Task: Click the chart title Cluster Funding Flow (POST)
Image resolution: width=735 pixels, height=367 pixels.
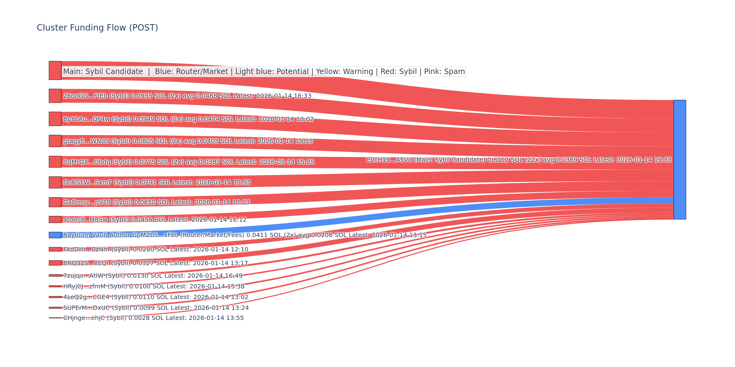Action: [x=97, y=28]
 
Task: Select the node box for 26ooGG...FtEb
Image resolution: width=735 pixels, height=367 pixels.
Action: [x=55, y=96]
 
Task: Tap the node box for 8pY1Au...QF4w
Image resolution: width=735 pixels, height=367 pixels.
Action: [x=55, y=119]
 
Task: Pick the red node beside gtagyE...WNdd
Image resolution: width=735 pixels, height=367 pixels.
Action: [x=55, y=141]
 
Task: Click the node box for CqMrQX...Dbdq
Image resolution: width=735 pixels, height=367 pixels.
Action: [x=55, y=162]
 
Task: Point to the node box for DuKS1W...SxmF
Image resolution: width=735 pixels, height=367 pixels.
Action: [x=55, y=182]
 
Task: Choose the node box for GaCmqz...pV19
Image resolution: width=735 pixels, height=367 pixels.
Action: [x=55, y=202]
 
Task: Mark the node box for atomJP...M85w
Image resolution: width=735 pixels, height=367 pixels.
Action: [x=55, y=220]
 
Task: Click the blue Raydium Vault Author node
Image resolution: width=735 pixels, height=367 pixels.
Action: [x=55, y=235]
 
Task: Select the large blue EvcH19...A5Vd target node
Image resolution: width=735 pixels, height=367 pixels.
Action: [x=680, y=160]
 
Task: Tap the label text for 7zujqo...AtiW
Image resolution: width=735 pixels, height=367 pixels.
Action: [x=153, y=276]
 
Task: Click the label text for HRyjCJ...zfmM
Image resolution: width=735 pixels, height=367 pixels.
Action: [x=154, y=287]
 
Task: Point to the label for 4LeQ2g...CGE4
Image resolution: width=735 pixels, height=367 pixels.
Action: [x=156, y=297]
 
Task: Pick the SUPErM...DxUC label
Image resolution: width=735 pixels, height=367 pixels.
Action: [x=156, y=308]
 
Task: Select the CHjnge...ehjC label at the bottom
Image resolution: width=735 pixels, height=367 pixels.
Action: [x=153, y=318]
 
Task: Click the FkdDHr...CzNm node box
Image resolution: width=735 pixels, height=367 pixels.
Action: [x=55, y=249]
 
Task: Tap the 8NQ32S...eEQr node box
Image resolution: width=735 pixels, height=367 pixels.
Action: [x=55, y=263]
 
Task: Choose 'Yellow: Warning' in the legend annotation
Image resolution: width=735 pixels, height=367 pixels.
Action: [x=344, y=72]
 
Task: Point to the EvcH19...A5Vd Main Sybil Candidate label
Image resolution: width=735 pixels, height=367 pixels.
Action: [x=519, y=160]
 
